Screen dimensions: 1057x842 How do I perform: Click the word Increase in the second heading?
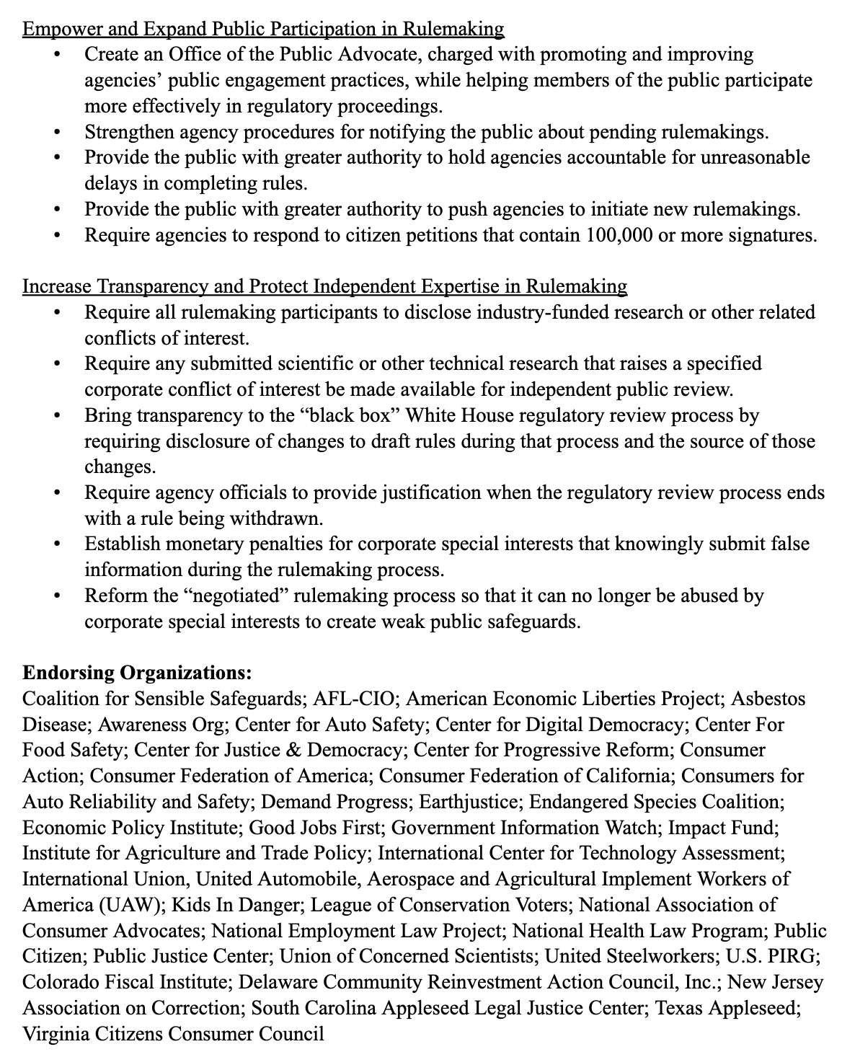[56, 286]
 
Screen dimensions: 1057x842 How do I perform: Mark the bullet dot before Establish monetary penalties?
[58, 544]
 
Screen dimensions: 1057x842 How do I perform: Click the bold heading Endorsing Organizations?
[137, 673]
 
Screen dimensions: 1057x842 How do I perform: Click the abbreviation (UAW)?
[136, 904]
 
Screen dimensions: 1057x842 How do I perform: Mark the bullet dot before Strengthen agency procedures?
[58, 133]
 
